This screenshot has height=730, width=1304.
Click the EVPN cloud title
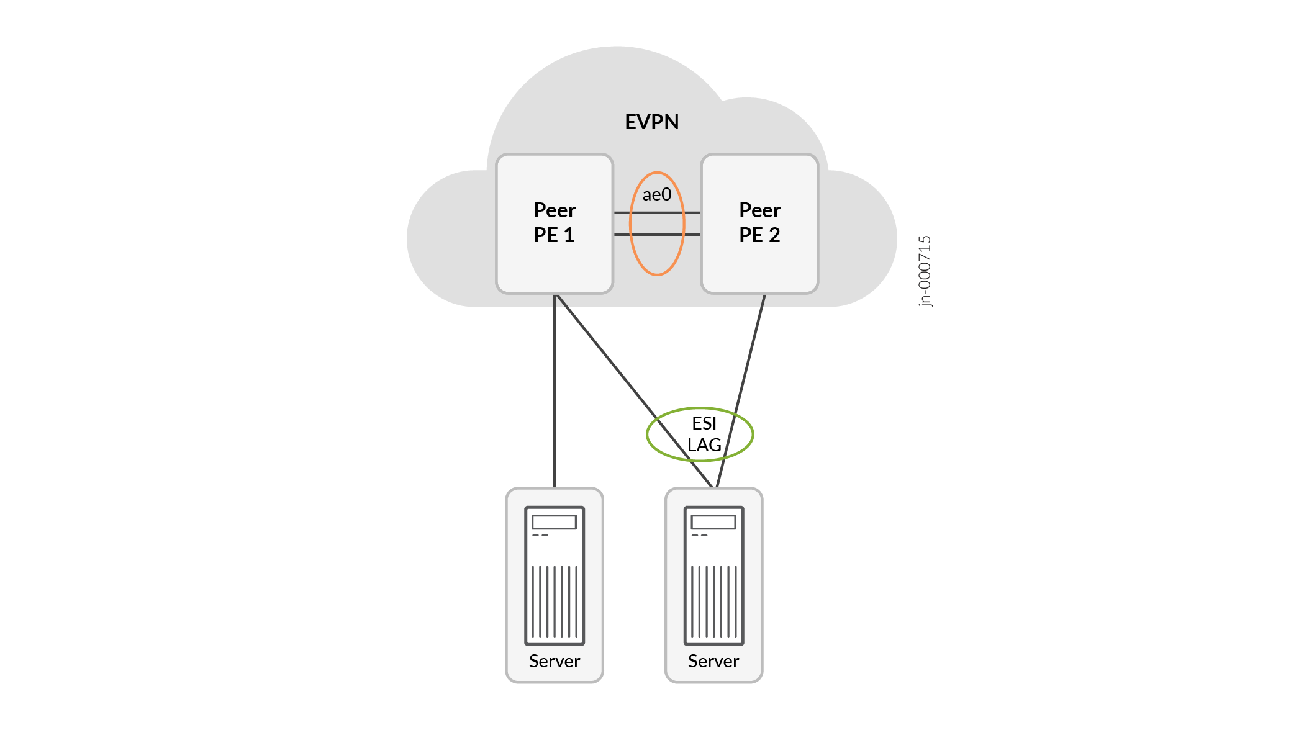point(651,122)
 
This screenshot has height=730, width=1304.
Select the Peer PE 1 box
point(554,223)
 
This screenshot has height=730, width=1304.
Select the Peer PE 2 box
point(759,223)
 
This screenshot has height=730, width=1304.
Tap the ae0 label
point(656,195)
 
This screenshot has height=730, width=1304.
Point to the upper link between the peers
point(656,213)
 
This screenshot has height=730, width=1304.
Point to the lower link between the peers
point(656,235)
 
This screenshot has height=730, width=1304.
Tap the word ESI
point(704,423)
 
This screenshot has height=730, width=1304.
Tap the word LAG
point(704,445)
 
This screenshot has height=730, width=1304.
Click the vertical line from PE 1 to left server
point(555,391)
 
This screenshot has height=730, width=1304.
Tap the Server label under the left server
point(555,661)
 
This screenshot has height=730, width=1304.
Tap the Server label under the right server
point(713,661)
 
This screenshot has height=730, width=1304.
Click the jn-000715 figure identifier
point(925,271)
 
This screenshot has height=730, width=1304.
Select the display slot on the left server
point(555,521)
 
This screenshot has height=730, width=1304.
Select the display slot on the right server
point(713,521)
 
